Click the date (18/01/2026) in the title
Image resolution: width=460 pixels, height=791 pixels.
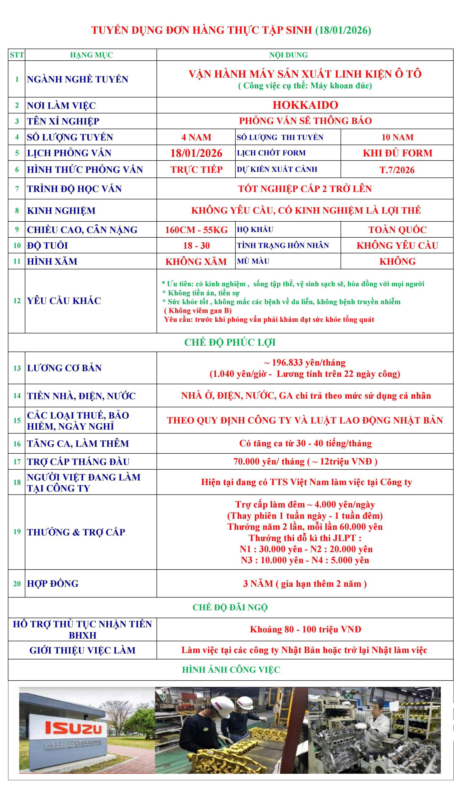[x=343, y=30]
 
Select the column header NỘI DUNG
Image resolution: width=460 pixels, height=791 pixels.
[x=288, y=55]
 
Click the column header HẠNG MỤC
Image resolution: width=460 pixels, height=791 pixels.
[x=91, y=55]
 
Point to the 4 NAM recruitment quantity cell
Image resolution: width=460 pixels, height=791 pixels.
[x=196, y=137]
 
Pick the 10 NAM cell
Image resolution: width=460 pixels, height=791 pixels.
[x=397, y=137]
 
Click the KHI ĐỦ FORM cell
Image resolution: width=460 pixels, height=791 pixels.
[x=397, y=153]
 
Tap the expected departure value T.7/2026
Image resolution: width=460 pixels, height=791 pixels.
[x=397, y=170]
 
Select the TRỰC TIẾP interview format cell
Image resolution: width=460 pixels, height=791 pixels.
[x=196, y=170]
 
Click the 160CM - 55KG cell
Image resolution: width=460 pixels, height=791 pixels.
[x=196, y=230]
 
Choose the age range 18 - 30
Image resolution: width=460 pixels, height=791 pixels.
[x=196, y=245]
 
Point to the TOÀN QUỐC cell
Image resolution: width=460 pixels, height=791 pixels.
[x=397, y=230]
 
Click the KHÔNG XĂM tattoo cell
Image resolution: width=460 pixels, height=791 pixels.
[x=196, y=261]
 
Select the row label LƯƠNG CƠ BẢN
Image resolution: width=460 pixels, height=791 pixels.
[x=64, y=368]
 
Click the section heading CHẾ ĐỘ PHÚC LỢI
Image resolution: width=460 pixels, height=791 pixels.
[x=230, y=342]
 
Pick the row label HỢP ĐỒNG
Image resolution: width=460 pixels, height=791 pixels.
[x=53, y=584]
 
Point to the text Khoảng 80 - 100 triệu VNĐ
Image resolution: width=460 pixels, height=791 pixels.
[x=305, y=629]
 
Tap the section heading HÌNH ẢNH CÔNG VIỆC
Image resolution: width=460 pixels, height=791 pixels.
[x=231, y=669]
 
